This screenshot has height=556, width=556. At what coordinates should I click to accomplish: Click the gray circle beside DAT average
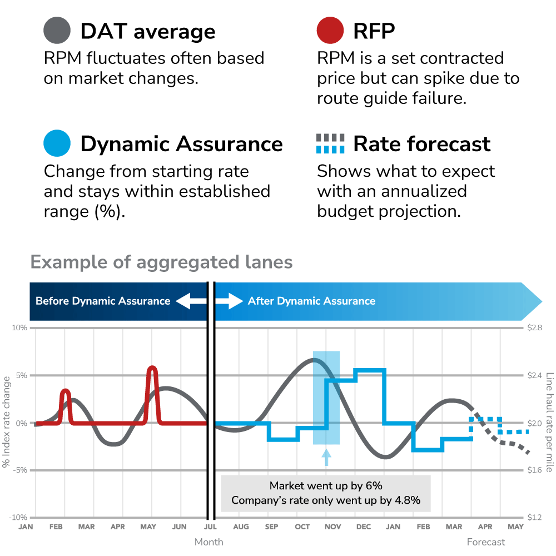[57, 31]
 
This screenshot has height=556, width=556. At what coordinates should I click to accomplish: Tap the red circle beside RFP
[331, 31]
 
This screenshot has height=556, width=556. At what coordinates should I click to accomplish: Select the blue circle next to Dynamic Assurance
[57, 143]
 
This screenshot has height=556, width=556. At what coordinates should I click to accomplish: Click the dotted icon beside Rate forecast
[330, 143]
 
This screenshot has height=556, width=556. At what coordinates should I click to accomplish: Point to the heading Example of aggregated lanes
[161, 262]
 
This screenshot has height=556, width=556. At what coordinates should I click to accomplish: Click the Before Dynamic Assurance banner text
[103, 301]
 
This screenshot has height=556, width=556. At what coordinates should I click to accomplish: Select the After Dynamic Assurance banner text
[311, 301]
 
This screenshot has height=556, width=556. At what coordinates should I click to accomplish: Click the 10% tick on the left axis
[20, 328]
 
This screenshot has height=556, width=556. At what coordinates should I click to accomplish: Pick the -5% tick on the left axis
[20, 470]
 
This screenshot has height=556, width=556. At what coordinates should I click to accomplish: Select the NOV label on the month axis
[332, 527]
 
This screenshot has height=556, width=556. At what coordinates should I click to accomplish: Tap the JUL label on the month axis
[210, 527]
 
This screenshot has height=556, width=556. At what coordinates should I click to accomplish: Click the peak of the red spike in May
[152, 368]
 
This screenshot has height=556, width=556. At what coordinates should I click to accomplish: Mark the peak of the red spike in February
[66, 391]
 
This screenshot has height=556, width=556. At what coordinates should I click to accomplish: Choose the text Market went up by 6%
[326, 486]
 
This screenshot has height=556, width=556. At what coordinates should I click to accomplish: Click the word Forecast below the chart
[486, 542]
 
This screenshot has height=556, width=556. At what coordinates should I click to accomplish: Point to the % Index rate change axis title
[7, 423]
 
